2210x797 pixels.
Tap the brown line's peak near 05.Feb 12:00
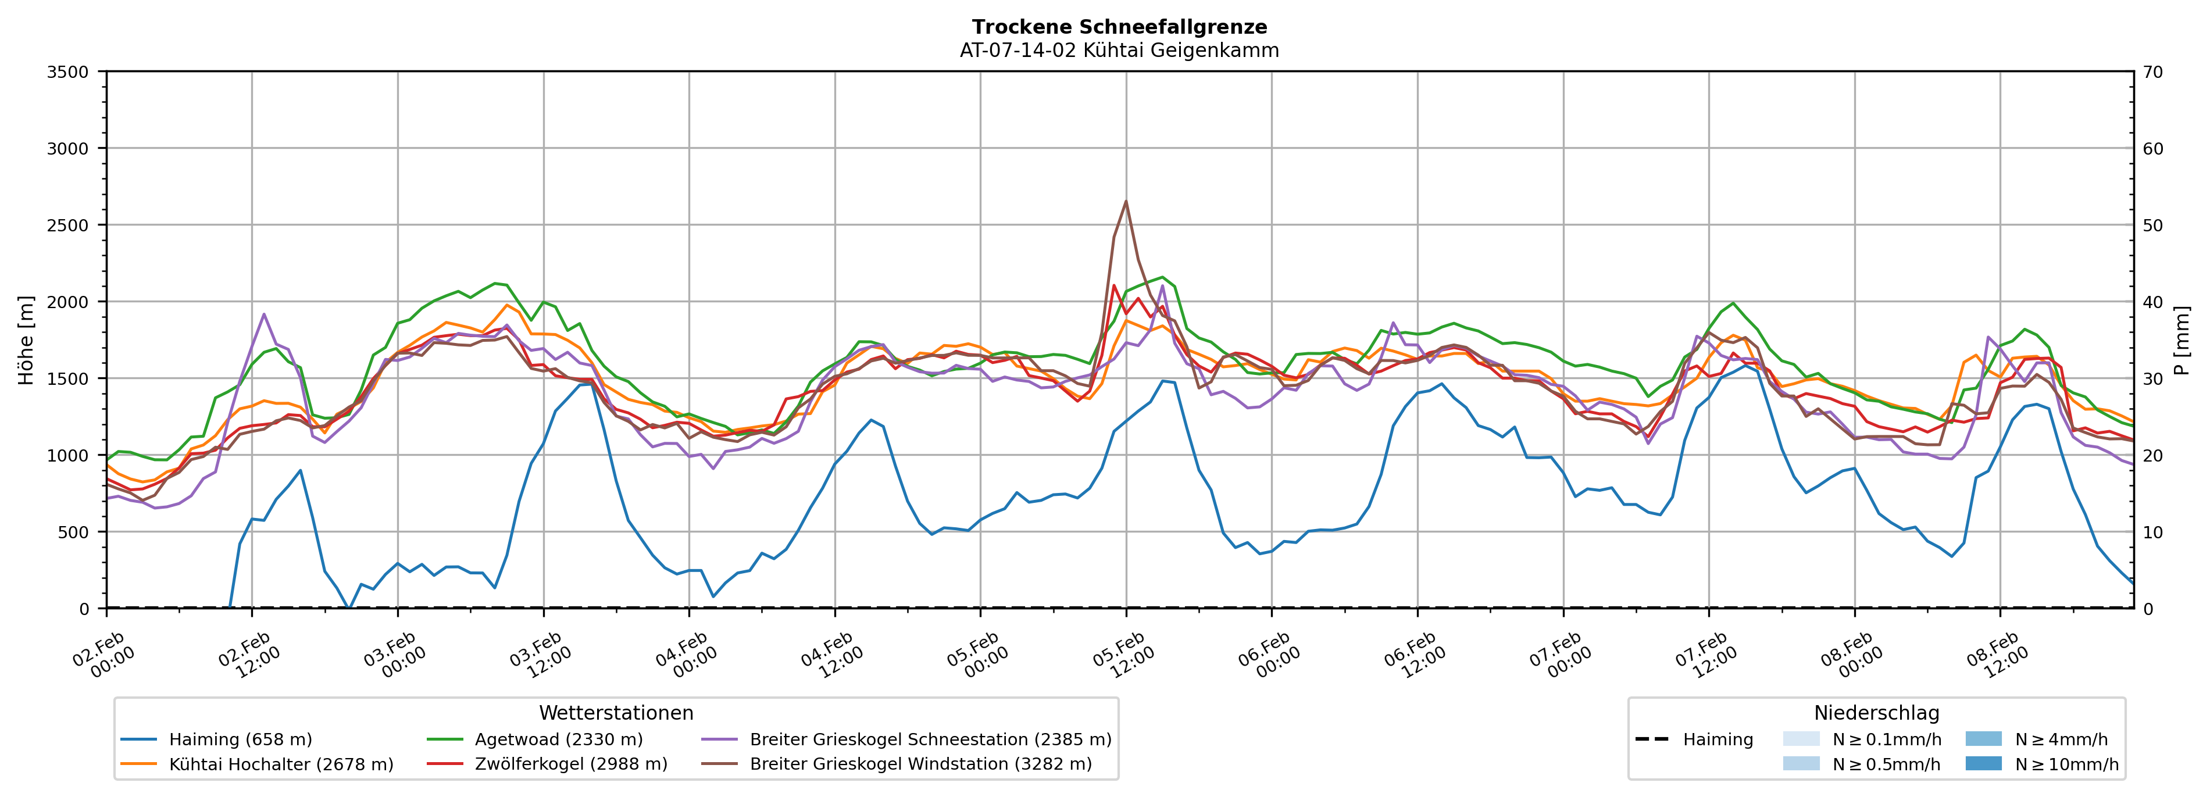pyautogui.click(x=1126, y=202)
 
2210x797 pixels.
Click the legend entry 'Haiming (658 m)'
pyautogui.click(x=240, y=739)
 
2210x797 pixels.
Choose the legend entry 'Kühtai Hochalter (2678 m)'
pyautogui.click(x=281, y=764)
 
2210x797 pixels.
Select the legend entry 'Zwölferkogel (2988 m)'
pyautogui.click(x=570, y=764)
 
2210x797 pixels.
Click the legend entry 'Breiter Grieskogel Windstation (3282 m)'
pyautogui.click(x=920, y=764)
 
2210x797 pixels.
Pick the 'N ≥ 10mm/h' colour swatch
pyautogui.click(x=1983, y=763)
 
